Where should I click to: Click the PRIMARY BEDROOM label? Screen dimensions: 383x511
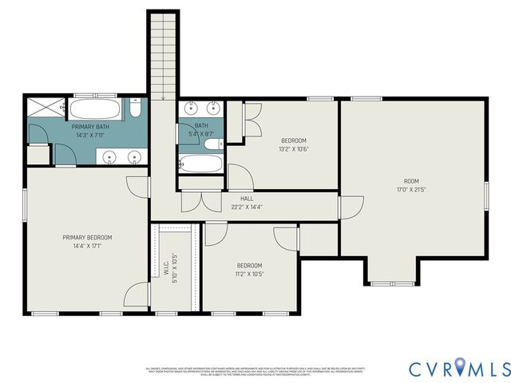click(x=88, y=237)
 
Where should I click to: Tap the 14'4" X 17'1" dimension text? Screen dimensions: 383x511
click(x=88, y=246)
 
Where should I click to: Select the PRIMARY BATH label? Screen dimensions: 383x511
click(x=90, y=127)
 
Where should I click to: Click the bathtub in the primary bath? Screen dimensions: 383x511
click(x=95, y=109)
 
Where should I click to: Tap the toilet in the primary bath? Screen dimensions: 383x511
click(x=137, y=109)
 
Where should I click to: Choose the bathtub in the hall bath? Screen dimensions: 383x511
click(x=200, y=165)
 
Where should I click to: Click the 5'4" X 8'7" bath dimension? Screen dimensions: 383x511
click(x=201, y=134)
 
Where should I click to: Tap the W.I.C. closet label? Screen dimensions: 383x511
click(x=166, y=270)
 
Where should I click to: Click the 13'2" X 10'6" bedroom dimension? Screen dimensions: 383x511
click(x=294, y=149)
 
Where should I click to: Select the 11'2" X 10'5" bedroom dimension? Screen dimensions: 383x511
click(x=249, y=274)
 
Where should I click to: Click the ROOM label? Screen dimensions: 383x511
click(x=410, y=181)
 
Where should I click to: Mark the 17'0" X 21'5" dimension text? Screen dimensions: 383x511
click(x=410, y=190)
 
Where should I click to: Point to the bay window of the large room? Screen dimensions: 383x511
click(x=390, y=282)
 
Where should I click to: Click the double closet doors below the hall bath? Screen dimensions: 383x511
click(x=200, y=201)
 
